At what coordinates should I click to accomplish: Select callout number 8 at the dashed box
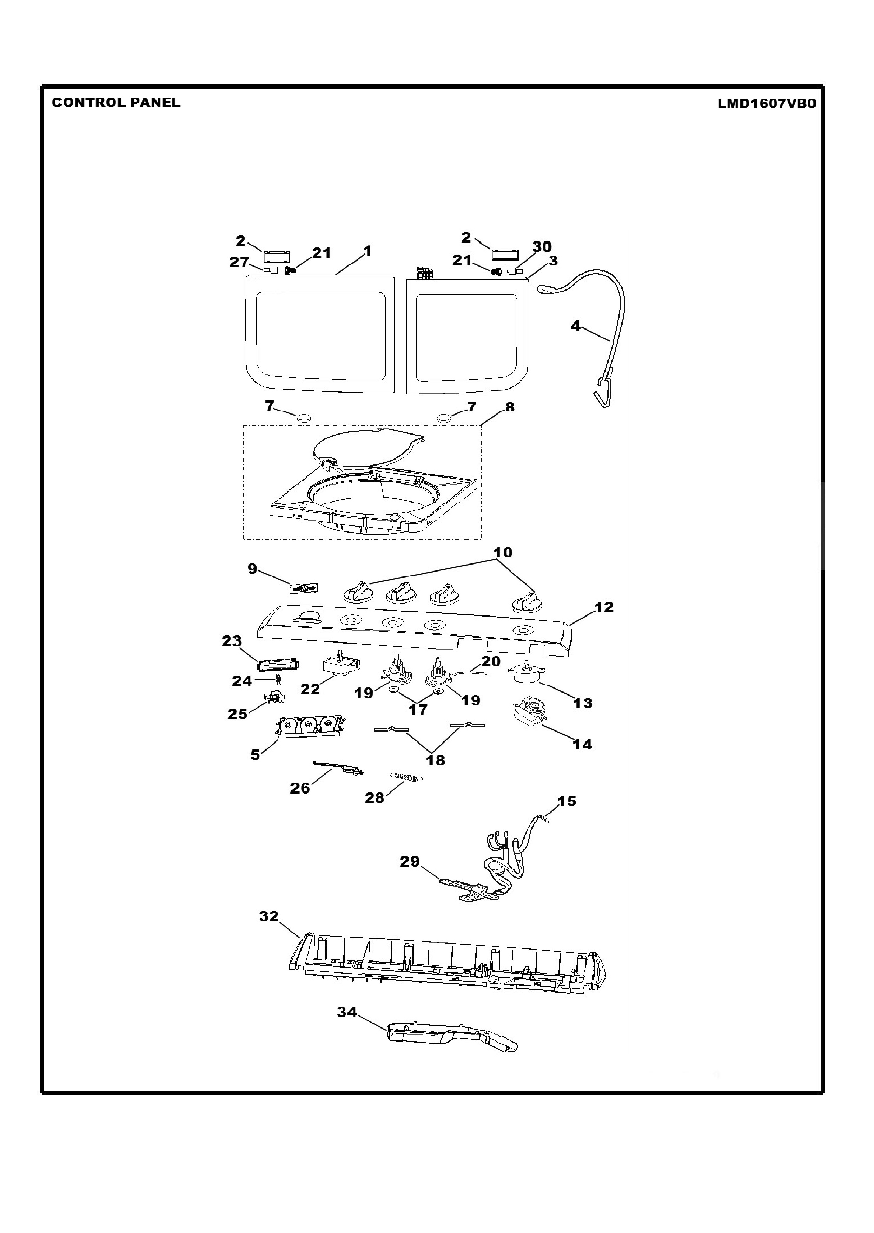pos(510,407)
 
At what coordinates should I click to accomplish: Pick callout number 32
pos(269,916)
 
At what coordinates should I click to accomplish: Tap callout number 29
pos(410,861)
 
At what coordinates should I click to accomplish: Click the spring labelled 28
pos(406,777)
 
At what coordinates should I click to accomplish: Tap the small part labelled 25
pos(274,698)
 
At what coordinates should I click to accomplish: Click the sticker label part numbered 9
pos(304,588)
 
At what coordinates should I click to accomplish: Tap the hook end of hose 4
pos(603,392)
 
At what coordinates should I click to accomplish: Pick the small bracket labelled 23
pos(278,664)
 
